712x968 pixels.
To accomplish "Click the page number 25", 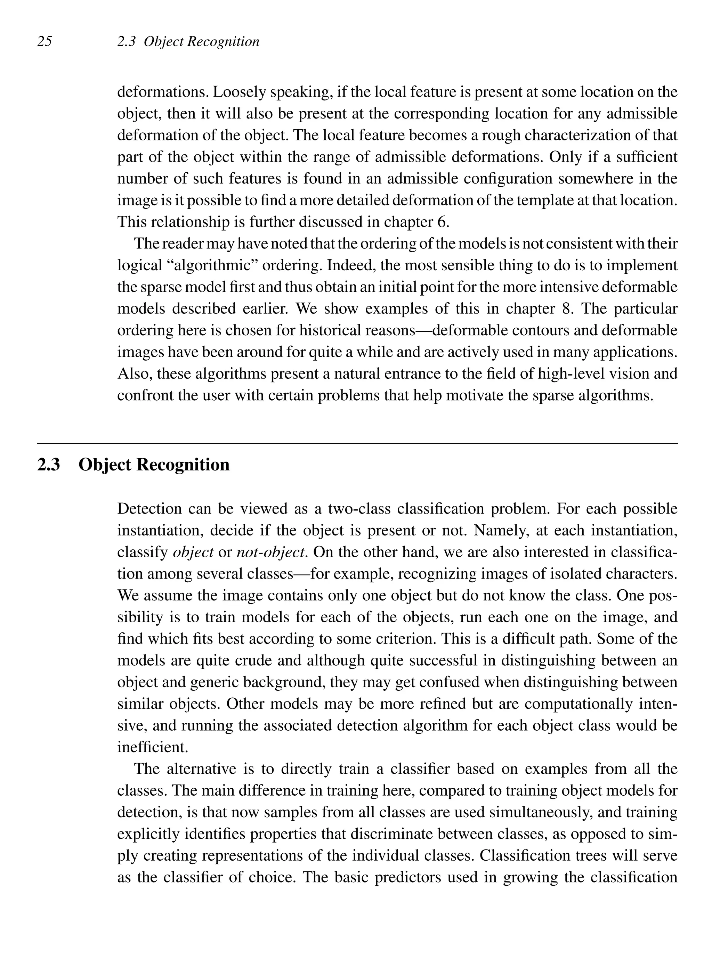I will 45,41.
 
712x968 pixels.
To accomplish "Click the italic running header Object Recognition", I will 201,41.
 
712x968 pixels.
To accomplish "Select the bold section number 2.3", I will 48,465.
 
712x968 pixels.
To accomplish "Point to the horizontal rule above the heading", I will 357,443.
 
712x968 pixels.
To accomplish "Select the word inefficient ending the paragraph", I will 153,747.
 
